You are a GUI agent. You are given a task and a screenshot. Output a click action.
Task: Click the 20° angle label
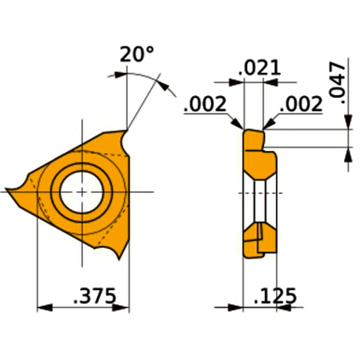click(x=138, y=55)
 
